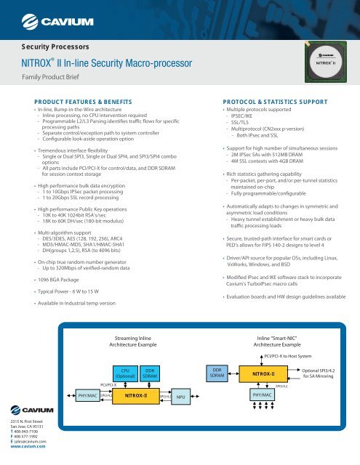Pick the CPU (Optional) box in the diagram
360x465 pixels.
pyautogui.click(x=125, y=373)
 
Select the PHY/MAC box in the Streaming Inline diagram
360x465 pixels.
pyautogui.click(x=87, y=397)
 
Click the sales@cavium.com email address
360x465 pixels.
pyautogui.click(x=28, y=441)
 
